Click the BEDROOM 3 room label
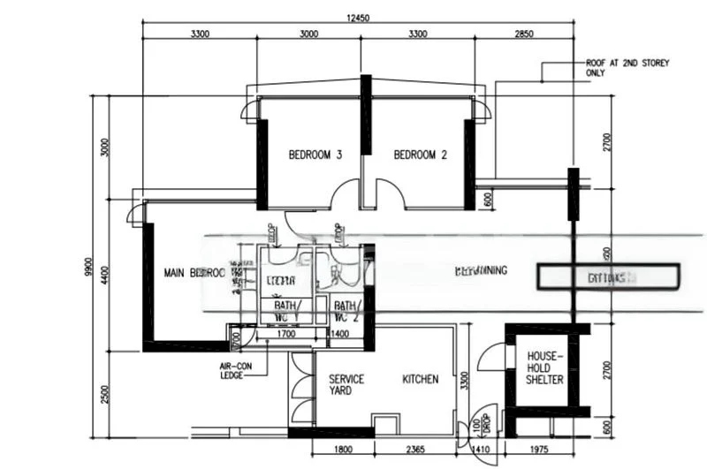tap(315, 155)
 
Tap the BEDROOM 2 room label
tap(420, 155)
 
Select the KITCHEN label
tap(420, 379)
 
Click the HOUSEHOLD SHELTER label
tap(545, 365)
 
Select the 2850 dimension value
tap(525, 34)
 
